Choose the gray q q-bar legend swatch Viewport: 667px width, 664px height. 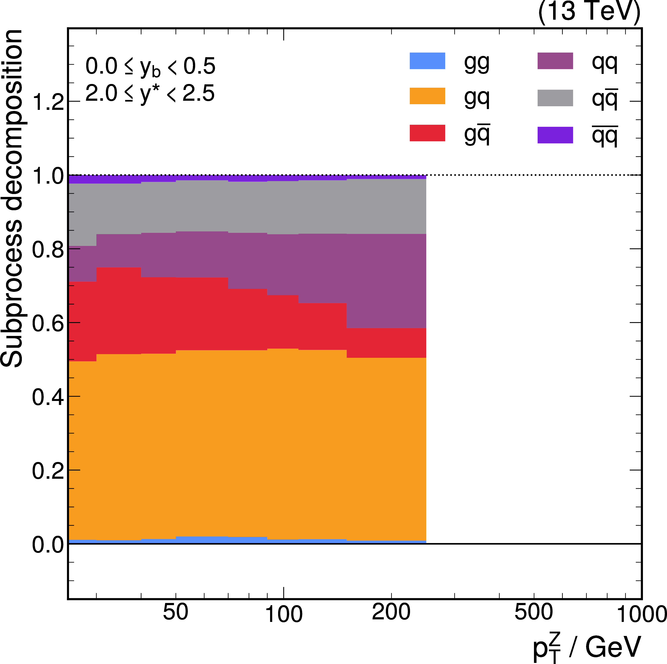pyautogui.click(x=555, y=98)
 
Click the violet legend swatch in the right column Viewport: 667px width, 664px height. pyautogui.click(x=555, y=135)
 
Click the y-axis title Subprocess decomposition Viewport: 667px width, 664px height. pyautogui.click(x=12, y=198)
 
